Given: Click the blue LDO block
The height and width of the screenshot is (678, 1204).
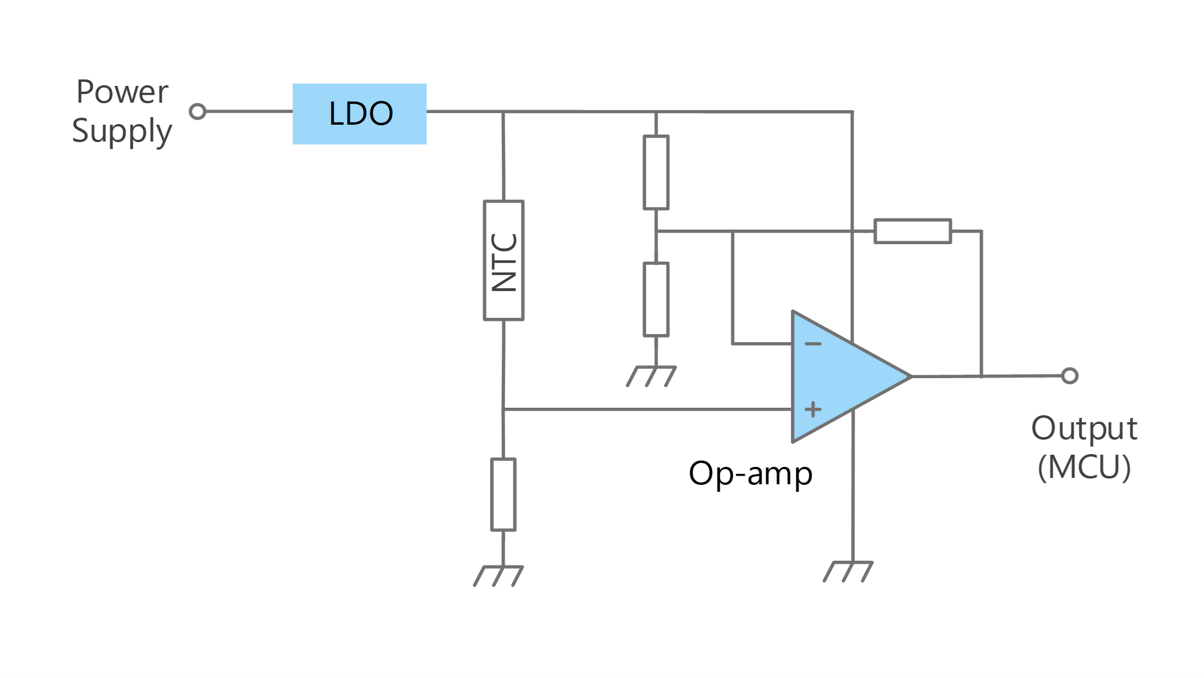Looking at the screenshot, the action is pos(359,114).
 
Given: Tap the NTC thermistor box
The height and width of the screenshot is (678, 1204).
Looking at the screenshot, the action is pos(504,260).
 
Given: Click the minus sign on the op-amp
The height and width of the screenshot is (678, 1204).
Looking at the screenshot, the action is pos(813,344).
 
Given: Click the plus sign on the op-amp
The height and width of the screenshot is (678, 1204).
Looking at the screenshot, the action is pos(813,409).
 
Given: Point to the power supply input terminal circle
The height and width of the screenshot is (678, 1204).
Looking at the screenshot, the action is pos(198,111).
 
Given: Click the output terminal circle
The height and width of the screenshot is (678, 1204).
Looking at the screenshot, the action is pos(1070,376).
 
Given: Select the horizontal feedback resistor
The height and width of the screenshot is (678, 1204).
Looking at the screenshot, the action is pos(913,231).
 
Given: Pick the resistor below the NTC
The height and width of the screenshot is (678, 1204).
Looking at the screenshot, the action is pos(503,494).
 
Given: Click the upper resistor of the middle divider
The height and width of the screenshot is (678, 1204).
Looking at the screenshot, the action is pos(656,172).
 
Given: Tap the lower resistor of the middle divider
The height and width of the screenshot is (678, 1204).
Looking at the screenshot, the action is pos(656,299).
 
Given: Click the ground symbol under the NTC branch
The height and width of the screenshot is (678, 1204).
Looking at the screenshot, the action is pos(498,576).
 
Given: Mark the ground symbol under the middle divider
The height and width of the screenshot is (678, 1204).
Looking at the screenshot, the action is pos(651,376).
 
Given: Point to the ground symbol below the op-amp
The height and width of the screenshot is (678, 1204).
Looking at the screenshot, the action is pos(848,571).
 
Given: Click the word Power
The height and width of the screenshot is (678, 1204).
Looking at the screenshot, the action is pos(122,92).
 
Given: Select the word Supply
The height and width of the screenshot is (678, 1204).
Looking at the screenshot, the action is pos(122,132).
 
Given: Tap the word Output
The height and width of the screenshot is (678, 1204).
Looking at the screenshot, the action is pos(1084,430).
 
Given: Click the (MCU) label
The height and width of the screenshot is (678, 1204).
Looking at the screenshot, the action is pos(1084,467).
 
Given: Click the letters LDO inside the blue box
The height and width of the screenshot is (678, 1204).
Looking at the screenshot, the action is pos(361,113).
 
